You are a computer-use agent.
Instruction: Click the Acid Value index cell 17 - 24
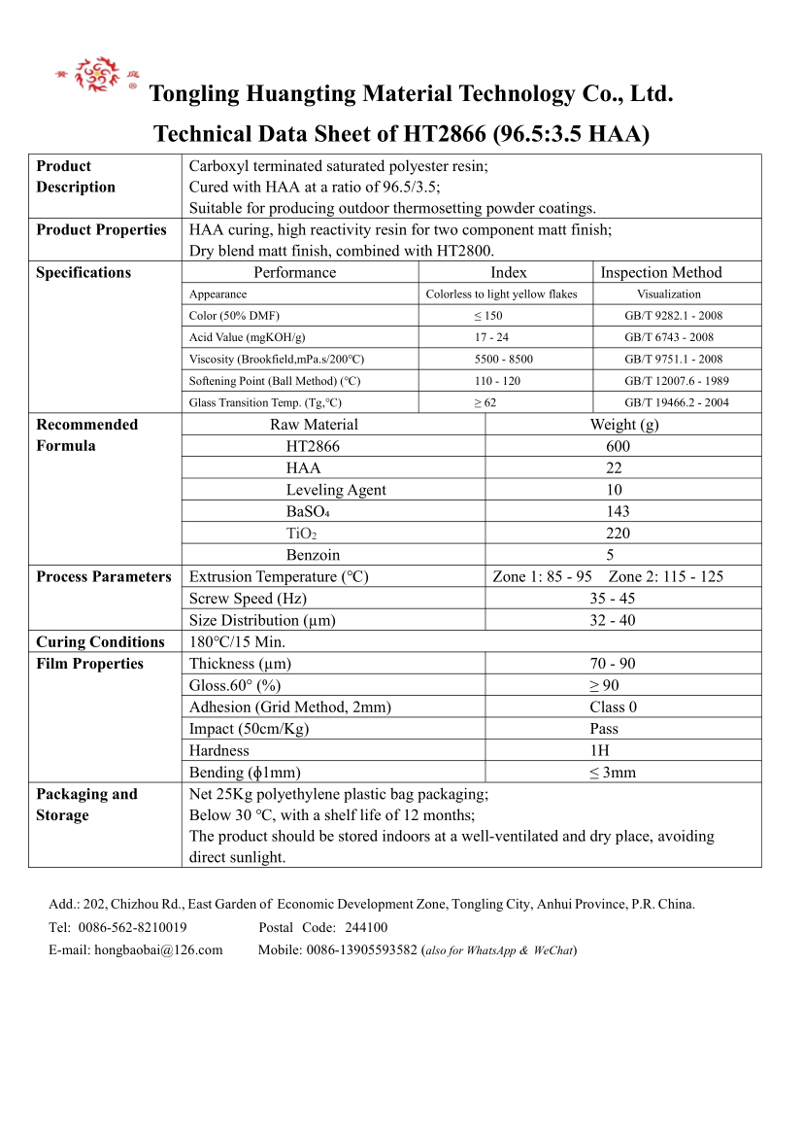491,337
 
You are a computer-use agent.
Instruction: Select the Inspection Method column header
661,273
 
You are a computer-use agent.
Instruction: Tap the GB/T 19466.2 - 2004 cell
677,402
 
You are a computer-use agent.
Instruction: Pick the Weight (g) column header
623,425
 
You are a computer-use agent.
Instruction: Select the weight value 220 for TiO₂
618,534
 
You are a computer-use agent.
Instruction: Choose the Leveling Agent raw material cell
336,490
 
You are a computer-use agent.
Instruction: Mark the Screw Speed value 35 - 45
612,599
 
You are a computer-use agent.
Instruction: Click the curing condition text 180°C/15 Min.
237,642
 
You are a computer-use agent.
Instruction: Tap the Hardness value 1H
599,751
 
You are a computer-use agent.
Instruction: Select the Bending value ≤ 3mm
613,773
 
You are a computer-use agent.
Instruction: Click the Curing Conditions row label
100,642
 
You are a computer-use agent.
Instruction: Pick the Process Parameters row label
104,577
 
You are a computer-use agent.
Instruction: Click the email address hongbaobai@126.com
158,950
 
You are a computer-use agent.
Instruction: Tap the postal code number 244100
366,928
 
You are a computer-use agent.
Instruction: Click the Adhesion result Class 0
614,707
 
